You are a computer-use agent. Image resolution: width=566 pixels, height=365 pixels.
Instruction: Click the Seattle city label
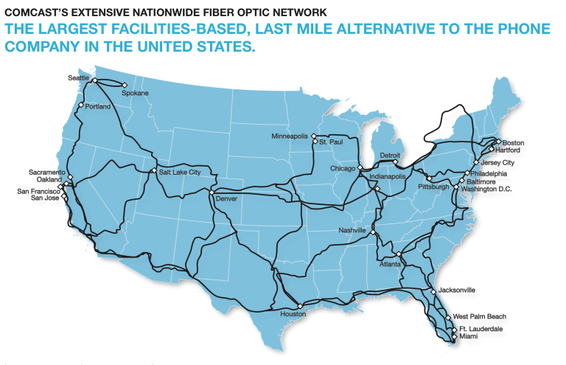point(78,77)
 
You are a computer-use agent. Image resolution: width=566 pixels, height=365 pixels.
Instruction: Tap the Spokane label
point(135,93)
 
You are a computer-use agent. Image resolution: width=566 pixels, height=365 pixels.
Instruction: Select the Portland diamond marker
point(81,105)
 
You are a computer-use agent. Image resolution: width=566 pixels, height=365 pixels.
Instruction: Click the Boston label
point(513,142)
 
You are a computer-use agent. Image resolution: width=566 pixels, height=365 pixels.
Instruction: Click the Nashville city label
point(352,231)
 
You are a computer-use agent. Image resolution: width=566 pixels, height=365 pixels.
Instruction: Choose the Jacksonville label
point(457,291)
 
